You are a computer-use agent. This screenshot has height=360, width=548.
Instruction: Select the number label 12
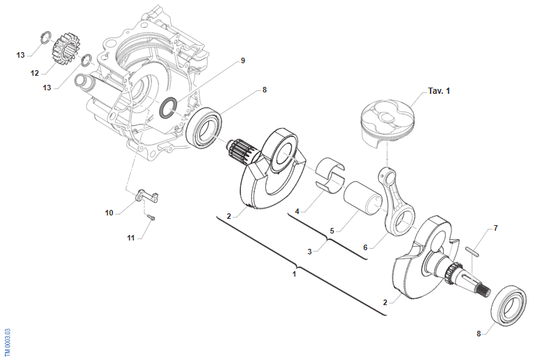click(x=34, y=73)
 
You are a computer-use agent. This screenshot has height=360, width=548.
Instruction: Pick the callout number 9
click(x=242, y=61)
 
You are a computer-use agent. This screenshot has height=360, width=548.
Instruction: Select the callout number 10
click(x=109, y=213)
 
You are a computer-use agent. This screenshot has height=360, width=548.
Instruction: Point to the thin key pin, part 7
click(x=474, y=249)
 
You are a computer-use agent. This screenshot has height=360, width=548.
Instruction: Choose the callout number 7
click(x=495, y=228)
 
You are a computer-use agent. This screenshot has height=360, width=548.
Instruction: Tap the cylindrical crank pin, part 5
click(x=366, y=198)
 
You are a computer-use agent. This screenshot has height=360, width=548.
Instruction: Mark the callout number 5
click(x=332, y=231)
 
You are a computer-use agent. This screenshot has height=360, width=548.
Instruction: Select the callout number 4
click(x=297, y=211)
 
